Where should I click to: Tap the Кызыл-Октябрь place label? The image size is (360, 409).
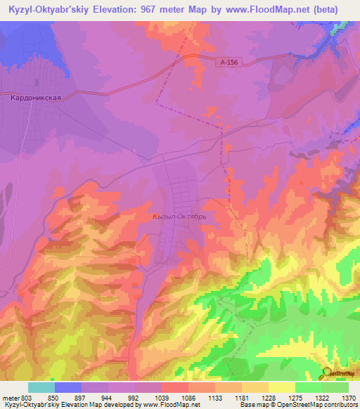click(179, 217)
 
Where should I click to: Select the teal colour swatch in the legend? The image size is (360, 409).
click(41, 387)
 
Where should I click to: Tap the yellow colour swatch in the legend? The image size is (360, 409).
click(282, 387)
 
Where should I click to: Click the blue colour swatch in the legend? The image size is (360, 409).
click(68, 387)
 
